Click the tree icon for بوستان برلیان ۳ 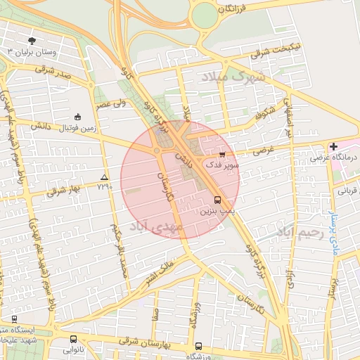pos(32,40)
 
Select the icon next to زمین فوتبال pos(77,117)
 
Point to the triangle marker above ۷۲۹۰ pos(105,177)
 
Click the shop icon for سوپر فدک pos(222,154)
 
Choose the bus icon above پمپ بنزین pos(217,199)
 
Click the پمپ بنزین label pos(216,210)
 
